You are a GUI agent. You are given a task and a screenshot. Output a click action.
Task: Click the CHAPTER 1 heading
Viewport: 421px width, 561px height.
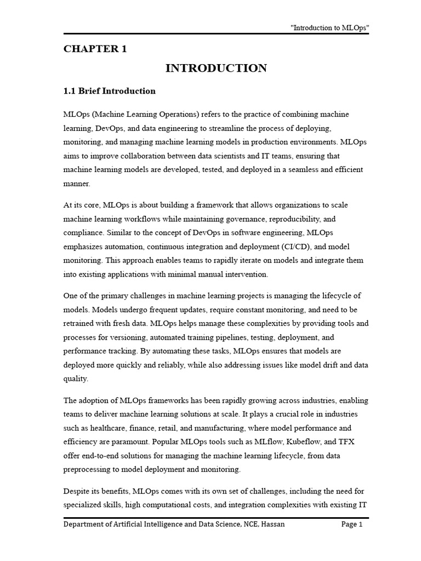(x=95, y=49)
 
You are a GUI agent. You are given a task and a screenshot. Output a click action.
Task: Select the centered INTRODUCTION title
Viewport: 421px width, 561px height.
(x=216, y=68)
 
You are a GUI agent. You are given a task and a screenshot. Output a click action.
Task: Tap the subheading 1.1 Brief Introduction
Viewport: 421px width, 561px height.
(x=110, y=91)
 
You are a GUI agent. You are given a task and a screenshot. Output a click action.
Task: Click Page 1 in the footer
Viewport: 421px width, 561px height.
(x=352, y=524)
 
